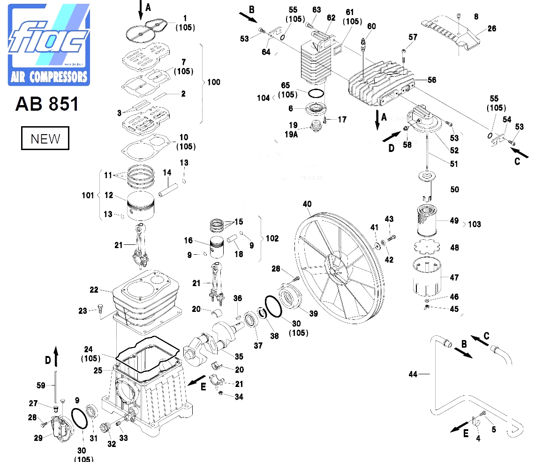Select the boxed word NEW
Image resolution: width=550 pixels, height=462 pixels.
45,139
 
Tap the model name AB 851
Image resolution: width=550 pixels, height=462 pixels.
47,104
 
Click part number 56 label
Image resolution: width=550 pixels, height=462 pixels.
431,80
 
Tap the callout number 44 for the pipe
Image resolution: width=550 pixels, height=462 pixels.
412,374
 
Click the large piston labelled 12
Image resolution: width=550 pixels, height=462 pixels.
141,206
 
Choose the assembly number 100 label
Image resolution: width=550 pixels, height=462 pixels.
213,83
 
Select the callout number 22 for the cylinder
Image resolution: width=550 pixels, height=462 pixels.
94,290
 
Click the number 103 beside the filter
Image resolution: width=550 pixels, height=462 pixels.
475,224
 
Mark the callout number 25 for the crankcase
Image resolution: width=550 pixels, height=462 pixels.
98,371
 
